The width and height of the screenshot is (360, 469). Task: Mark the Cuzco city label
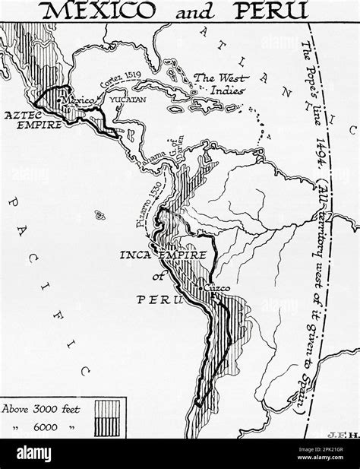(213, 290)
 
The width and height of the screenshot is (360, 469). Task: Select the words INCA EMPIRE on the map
(156, 255)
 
